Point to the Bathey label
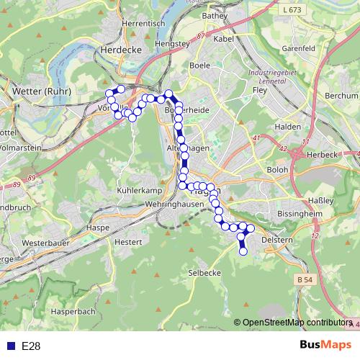click(x=215, y=15)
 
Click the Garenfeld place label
click(x=299, y=49)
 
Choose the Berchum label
click(x=341, y=95)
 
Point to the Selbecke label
click(x=204, y=273)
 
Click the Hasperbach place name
click(x=73, y=312)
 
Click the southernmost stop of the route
click(x=243, y=251)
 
